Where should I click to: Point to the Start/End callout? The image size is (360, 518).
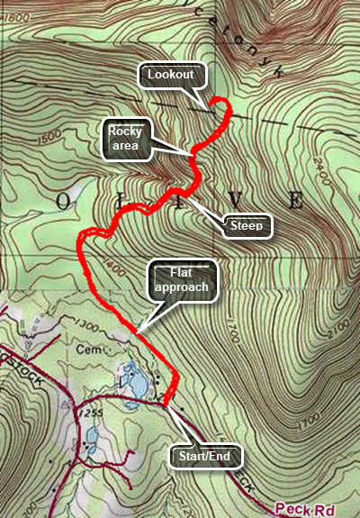pos(207,457)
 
